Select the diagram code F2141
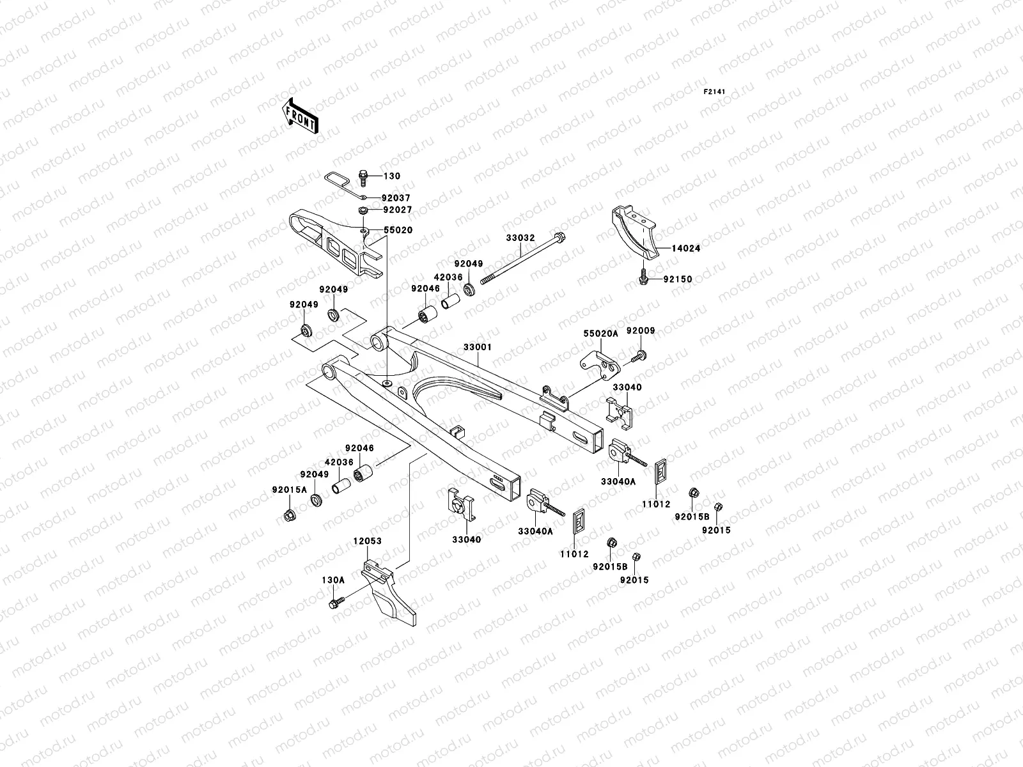click(x=716, y=92)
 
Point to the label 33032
click(x=520, y=238)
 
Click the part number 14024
click(x=686, y=249)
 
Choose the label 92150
click(x=677, y=279)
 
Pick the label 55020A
click(x=600, y=334)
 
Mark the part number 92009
click(x=640, y=330)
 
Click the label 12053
click(x=367, y=541)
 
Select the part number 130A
click(x=332, y=580)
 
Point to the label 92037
click(x=396, y=198)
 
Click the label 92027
click(x=397, y=210)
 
